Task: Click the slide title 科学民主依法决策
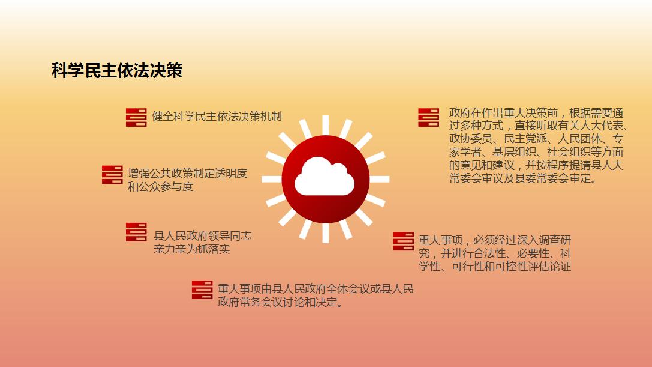click(117, 70)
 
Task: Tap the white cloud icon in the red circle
click(325, 176)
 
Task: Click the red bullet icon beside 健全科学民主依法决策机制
click(136, 117)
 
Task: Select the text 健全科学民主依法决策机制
click(217, 116)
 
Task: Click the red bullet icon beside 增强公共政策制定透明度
click(112, 175)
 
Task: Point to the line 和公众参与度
click(161, 187)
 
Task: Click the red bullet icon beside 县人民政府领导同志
click(136, 232)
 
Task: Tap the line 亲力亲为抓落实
click(192, 249)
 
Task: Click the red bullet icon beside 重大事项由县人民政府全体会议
click(202, 290)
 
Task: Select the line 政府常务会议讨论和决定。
click(281, 302)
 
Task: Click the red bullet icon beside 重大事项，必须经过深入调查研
click(403, 241)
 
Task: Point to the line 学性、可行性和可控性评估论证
click(495, 267)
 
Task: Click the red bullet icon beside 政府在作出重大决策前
click(429, 118)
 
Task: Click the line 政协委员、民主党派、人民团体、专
click(536, 139)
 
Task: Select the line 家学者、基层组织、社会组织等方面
click(536, 152)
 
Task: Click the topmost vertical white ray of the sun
click(326, 125)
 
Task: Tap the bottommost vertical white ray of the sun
click(326, 233)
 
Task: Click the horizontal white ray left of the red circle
click(272, 179)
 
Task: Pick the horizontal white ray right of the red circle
click(380, 179)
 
